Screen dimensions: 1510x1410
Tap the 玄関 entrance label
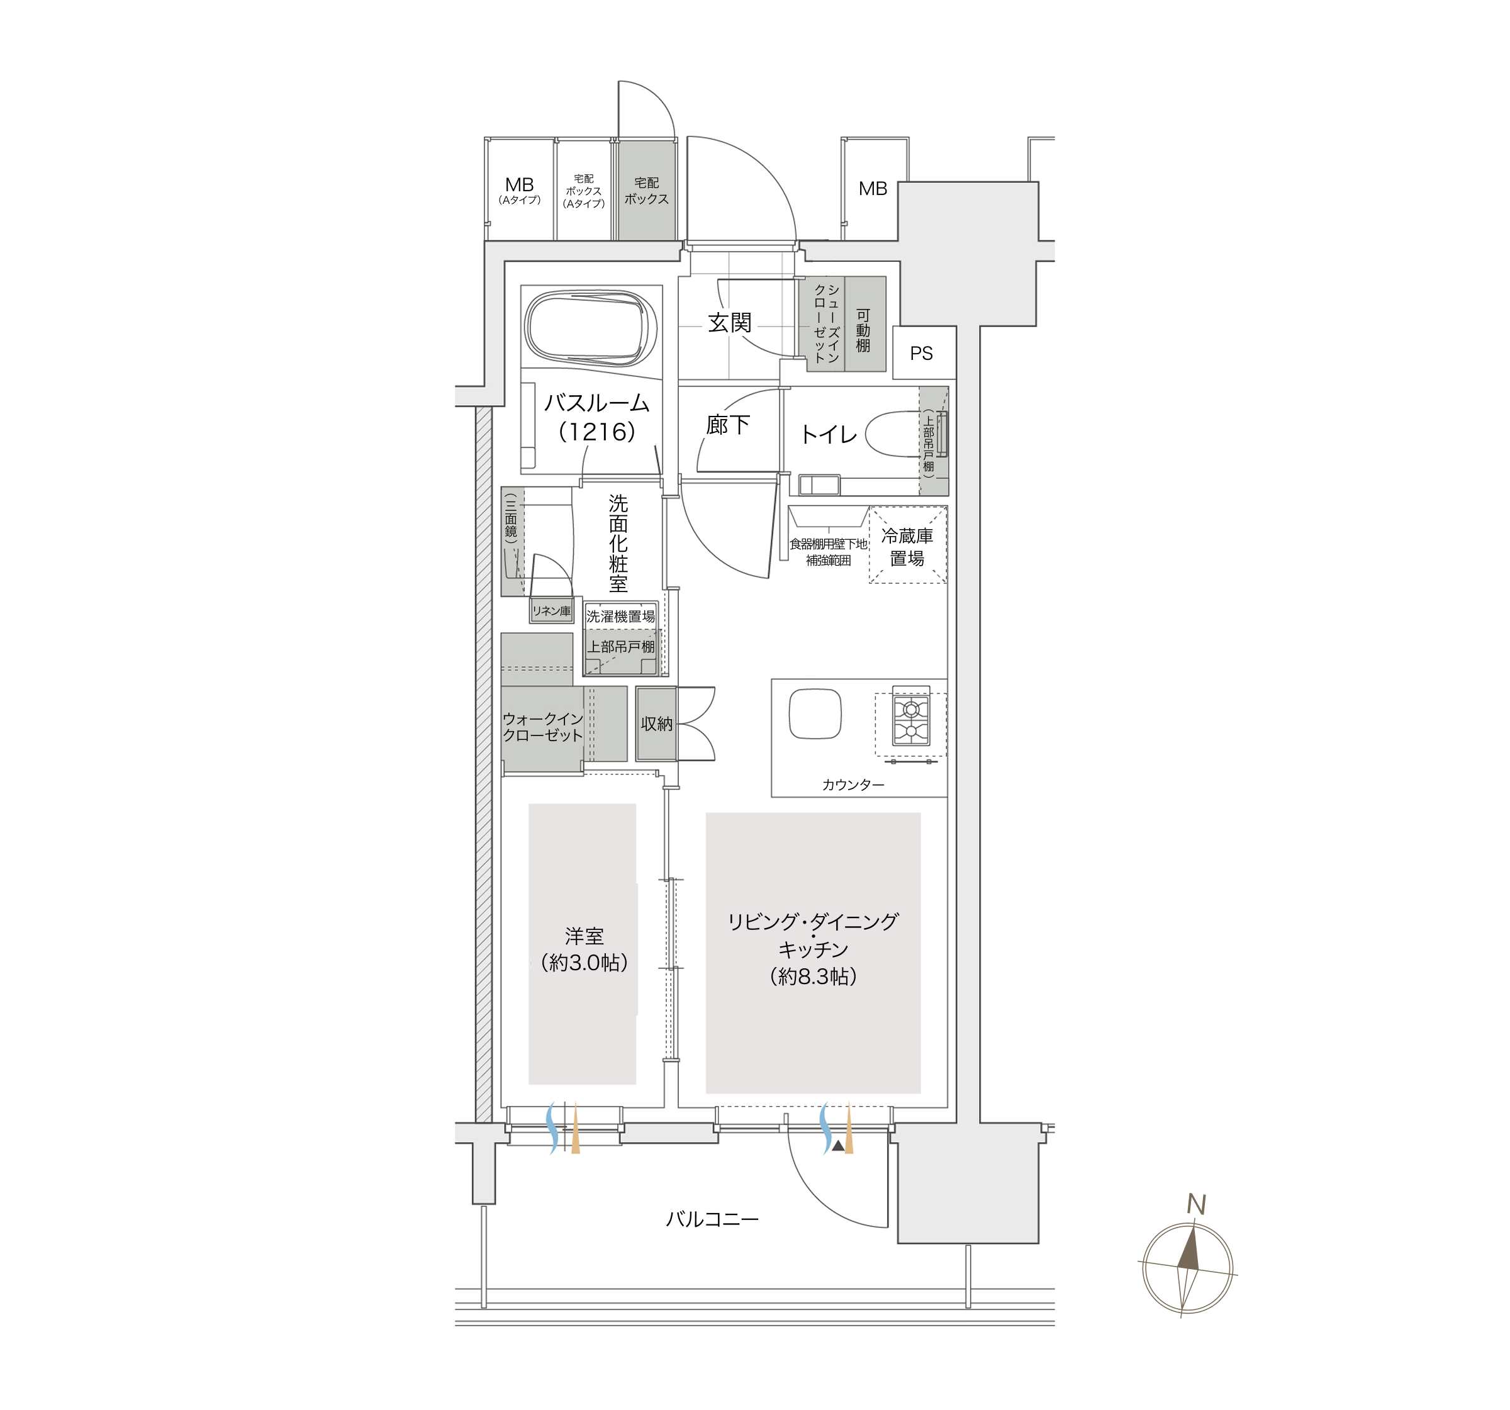(x=729, y=323)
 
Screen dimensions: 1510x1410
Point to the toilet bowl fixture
(x=893, y=434)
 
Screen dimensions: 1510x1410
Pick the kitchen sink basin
(x=815, y=713)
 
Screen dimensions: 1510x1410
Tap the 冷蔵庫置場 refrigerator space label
(x=907, y=547)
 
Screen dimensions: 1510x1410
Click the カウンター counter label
(x=853, y=785)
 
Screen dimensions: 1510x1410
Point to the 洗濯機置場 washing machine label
(x=620, y=617)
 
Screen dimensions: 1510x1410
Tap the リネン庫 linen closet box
(x=551, y=611)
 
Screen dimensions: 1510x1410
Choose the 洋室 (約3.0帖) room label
(x=584, y=949)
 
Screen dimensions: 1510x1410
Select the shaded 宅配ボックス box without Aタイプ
(x=646, y=191)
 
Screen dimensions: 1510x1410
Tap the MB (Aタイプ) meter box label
(x=520, y=190)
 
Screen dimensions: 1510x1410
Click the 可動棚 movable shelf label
(x=863, y=330)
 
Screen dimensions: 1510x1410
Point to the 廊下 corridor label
(x=728, y=425)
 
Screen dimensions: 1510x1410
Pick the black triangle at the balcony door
(x=838, y=1146)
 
